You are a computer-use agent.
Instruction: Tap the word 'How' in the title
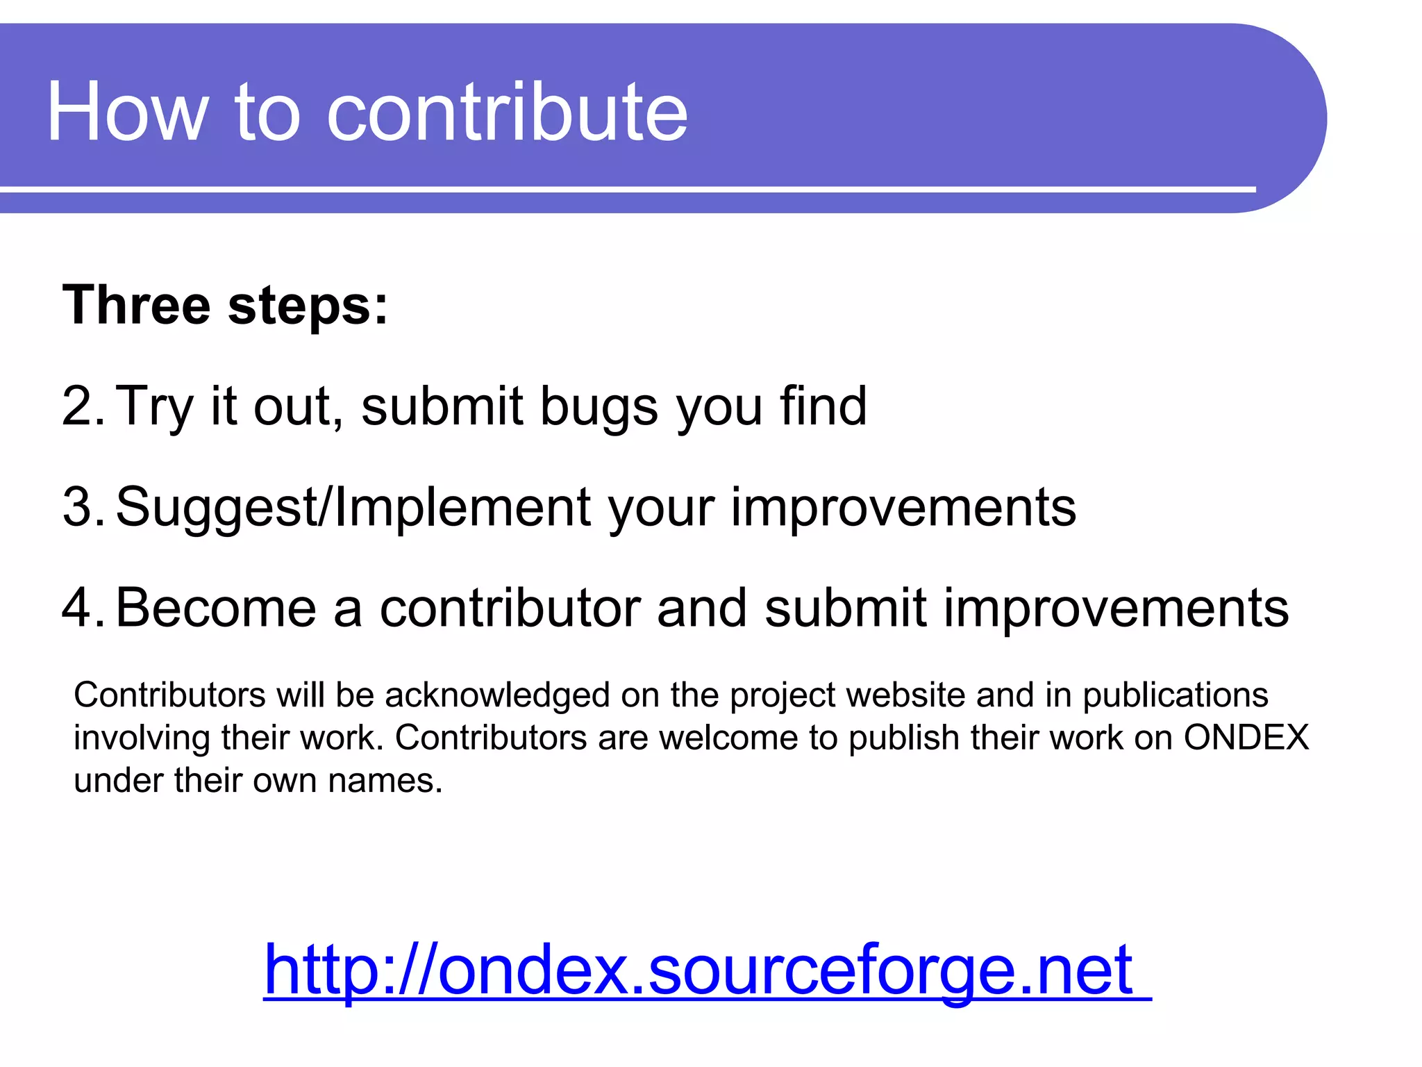[x=128, y=113]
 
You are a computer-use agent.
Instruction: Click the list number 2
[x=81, y=406]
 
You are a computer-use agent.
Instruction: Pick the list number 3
[x=81, y=507]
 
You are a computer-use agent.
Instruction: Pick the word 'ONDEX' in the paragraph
[x=1246, y=738]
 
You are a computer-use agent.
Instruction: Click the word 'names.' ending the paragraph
[x=385, y=781]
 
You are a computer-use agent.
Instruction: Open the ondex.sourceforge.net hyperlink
[x=699, y=970]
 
